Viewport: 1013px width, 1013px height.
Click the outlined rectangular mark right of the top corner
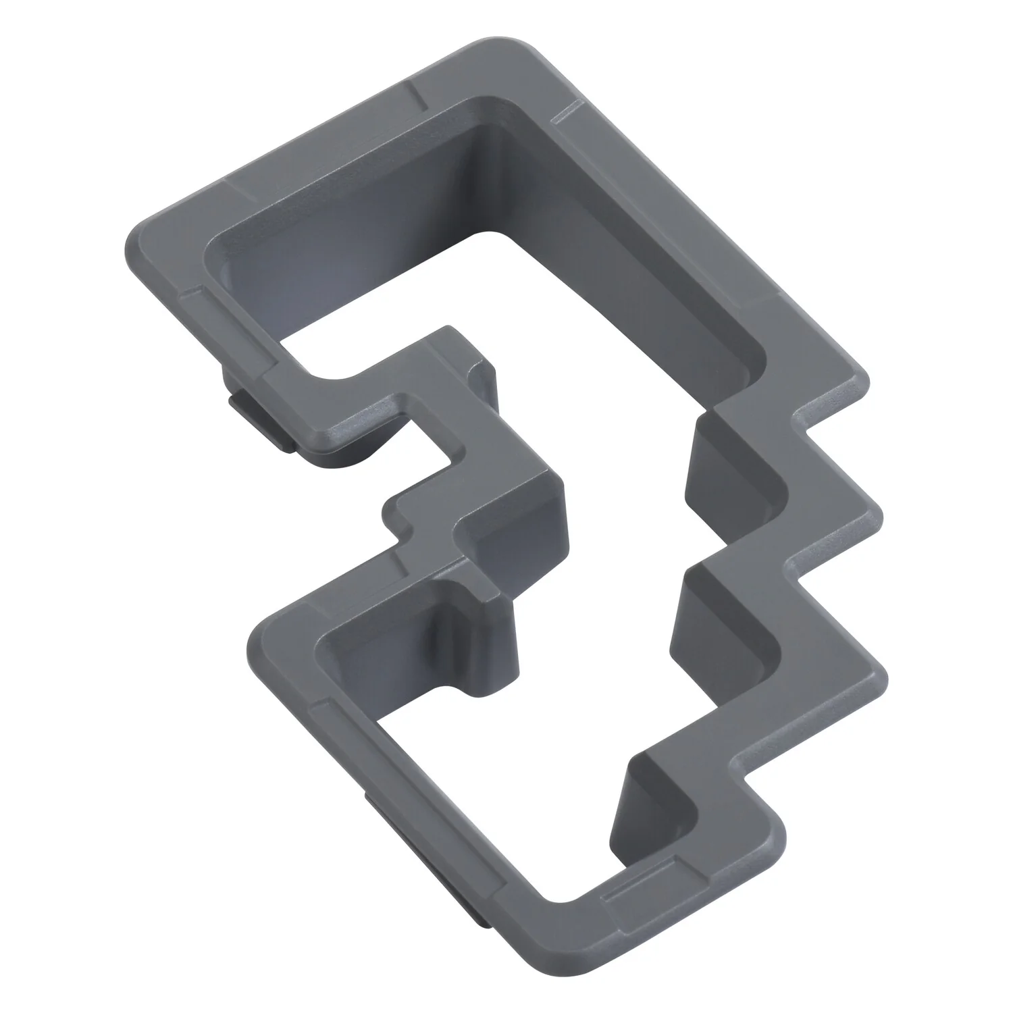coord(567,111)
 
